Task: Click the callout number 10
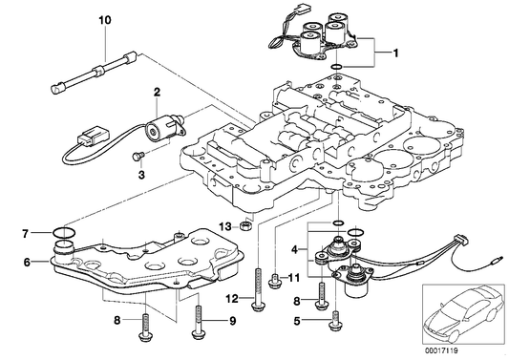(105, 20)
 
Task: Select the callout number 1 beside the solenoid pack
(395, 53)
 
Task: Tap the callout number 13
(225, 226)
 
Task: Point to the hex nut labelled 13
(245, 225)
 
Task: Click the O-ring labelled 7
(64, 232)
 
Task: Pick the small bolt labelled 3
(137, 157)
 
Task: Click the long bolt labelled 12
(258, 289)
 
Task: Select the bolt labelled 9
(198, 323)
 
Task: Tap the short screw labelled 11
(275, 281)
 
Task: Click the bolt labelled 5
(336, 322)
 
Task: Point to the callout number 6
(27, 262)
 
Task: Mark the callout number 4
(294, 249)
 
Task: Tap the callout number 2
(157, 92)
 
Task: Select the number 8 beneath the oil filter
(117, 321)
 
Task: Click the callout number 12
(232, 299)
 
